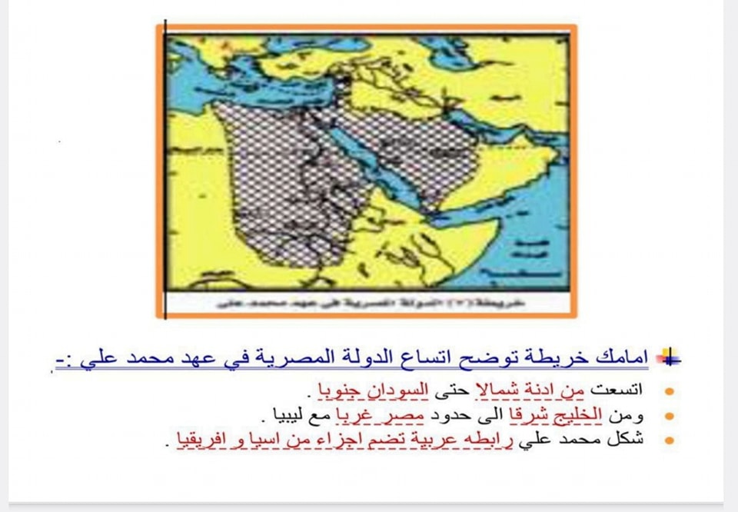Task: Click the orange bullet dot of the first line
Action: click(x=669, y=391)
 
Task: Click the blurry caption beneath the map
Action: click(x=369, y=302)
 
